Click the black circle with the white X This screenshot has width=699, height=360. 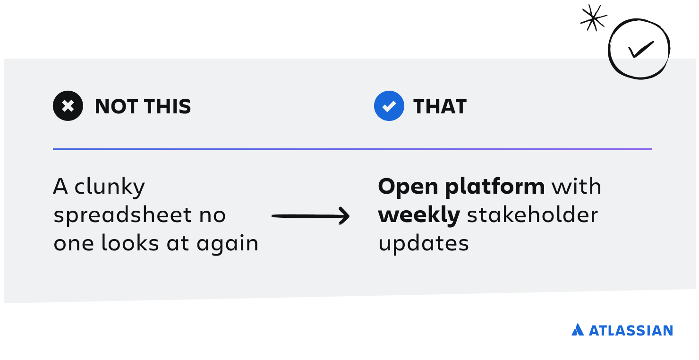click(68, 106)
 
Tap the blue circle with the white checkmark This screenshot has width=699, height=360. click(389, 106)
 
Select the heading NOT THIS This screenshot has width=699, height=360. click(143, 106)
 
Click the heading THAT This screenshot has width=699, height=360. click(440, 106)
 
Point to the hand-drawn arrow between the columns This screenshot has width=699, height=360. click(310, 216)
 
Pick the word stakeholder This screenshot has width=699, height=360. click(532, 215)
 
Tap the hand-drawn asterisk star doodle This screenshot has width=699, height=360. click(593, 18)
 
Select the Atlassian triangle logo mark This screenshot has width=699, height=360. click(578, 330)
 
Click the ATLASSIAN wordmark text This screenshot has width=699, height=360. click(631, 331)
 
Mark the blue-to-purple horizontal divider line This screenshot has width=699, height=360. click(352, 149)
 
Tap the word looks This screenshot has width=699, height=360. click(130, 243)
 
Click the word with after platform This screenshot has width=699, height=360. click(576, 186)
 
